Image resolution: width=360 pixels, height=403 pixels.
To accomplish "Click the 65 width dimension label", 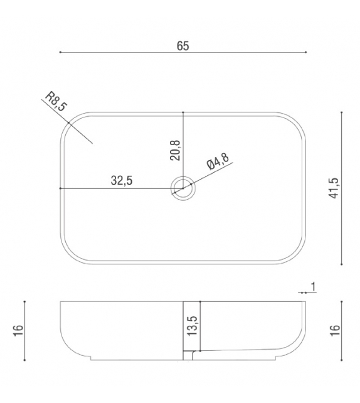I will click(x=183, y=45).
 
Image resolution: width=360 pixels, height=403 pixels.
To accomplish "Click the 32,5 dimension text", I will click(x=121, y=181).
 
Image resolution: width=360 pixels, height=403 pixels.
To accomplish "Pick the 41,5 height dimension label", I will click(x=333, y=188).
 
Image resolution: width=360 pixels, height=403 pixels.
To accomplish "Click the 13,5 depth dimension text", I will click(x=192, y=326).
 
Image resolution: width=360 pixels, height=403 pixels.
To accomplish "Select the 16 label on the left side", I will click(x=19, y=330).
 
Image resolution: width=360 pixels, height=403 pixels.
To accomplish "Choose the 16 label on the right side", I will click(x=336, y=330).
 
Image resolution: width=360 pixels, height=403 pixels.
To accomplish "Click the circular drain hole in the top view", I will click(x=183, y=188).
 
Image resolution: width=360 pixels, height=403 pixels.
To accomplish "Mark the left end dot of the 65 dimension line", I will click(x=60, y=52).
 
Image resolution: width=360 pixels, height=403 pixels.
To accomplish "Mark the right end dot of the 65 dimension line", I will click(x=305, y=52).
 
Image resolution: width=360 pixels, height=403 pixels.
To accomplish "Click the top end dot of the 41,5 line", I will click(x=341, y=112).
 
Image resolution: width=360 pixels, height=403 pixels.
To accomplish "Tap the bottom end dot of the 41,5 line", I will click(x=341, y=264).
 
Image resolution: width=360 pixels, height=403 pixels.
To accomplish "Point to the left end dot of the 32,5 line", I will click(x=60, y=188).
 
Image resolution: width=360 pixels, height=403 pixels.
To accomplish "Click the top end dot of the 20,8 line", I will click(x=183, y=112).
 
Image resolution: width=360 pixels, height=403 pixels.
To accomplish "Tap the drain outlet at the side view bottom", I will click(x=188, y=356).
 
